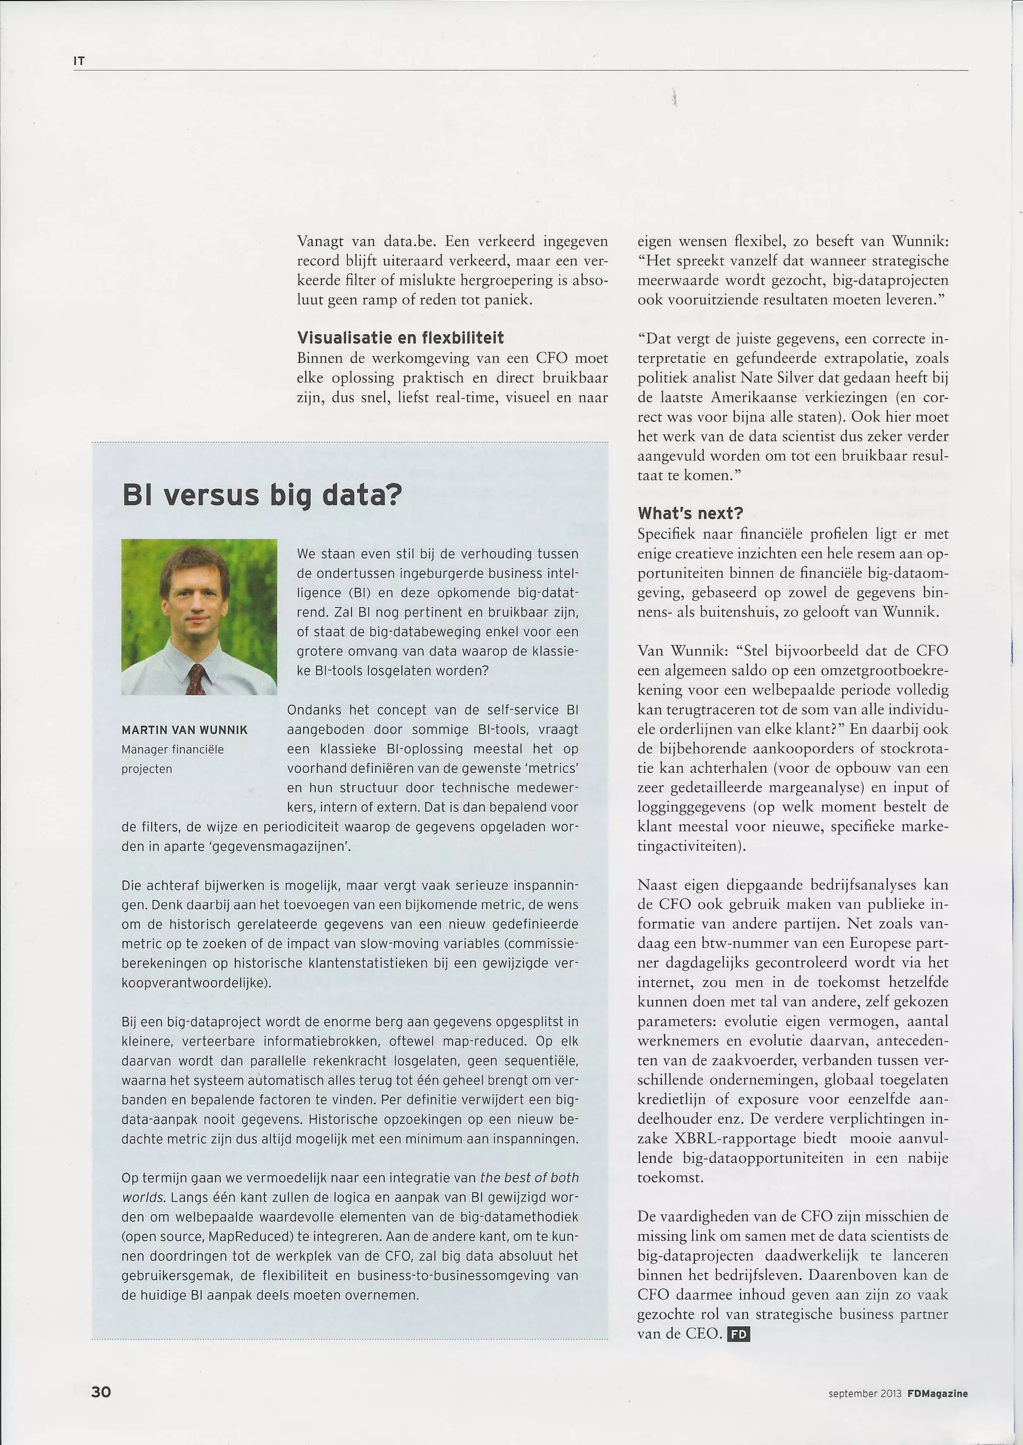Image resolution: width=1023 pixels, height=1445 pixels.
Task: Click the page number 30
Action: pyautogui.click(x=101, y=1391)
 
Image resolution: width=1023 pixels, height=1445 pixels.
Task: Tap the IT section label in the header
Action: pyautogui.click(x=79, y=61)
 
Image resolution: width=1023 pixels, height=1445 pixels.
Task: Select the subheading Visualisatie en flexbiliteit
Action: pyautogui.click(x=400, y=338)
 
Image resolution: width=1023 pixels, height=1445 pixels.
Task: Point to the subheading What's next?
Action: pyautogui.click(x=690, y=513)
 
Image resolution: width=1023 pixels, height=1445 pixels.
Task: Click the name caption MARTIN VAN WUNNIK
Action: pyautogui.click(x=184, y=730)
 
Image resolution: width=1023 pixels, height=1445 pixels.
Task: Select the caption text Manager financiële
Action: pyautogui.click(x=173, y=749)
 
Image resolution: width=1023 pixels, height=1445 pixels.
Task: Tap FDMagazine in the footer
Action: pyautogui.click(x=937, y=1394)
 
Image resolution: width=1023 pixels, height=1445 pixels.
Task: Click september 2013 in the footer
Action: pyautogui.click(x=865, y=1394)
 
